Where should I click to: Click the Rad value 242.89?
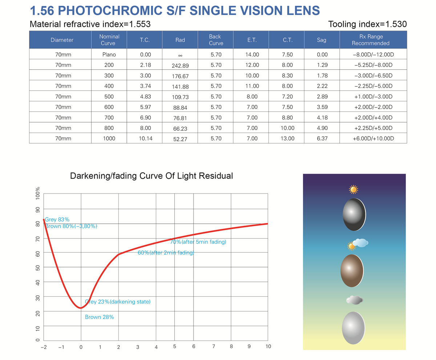tap(180, 66)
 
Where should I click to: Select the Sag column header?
tap(322, 40)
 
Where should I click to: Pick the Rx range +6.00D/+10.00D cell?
tap(373, 138)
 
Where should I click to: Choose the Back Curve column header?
tap(216, 40)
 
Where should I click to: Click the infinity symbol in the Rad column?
tap(180, 55)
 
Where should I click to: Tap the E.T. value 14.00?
tap(252, 54)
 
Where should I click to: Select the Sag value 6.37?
tap(322, 138)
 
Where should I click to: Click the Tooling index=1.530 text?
tap(367, 24)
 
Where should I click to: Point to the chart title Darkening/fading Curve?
tap(151, 176)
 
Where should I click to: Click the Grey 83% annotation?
tap(57, 219)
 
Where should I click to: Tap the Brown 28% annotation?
tap(100, 317)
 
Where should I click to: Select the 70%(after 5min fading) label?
tap(198, 242)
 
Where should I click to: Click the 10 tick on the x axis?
tap(268, 346)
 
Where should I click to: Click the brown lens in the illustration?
tap(352, 271)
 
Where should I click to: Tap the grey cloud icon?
tap(355, 300)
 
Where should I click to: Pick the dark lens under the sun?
tap(354, 215)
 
